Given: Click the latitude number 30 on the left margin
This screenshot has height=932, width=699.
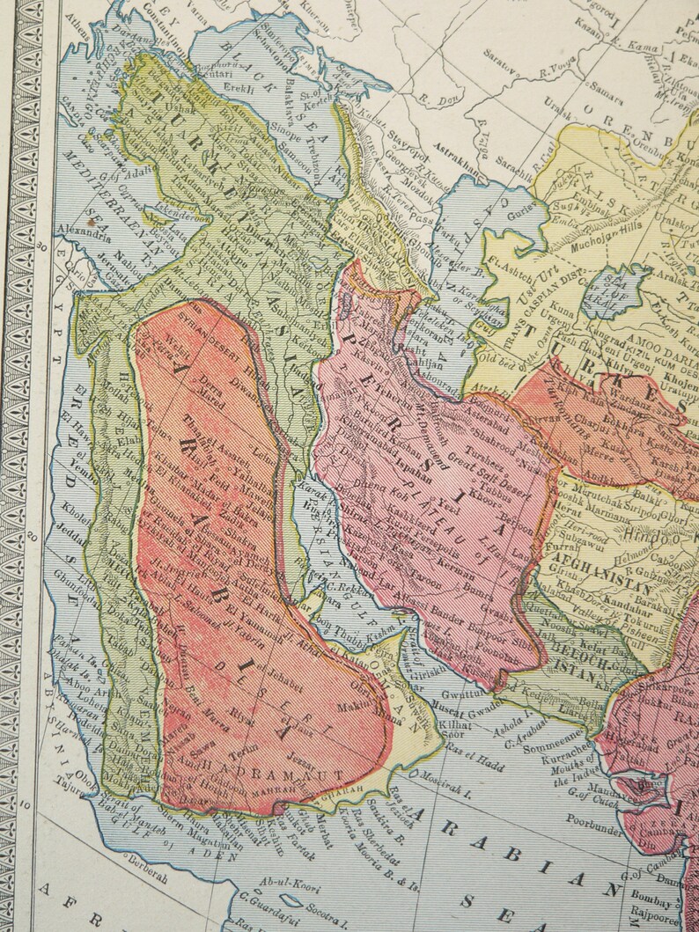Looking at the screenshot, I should click(x=45, y=246).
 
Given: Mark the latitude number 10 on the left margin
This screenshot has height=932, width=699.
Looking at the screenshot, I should click(x=27, y=804).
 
